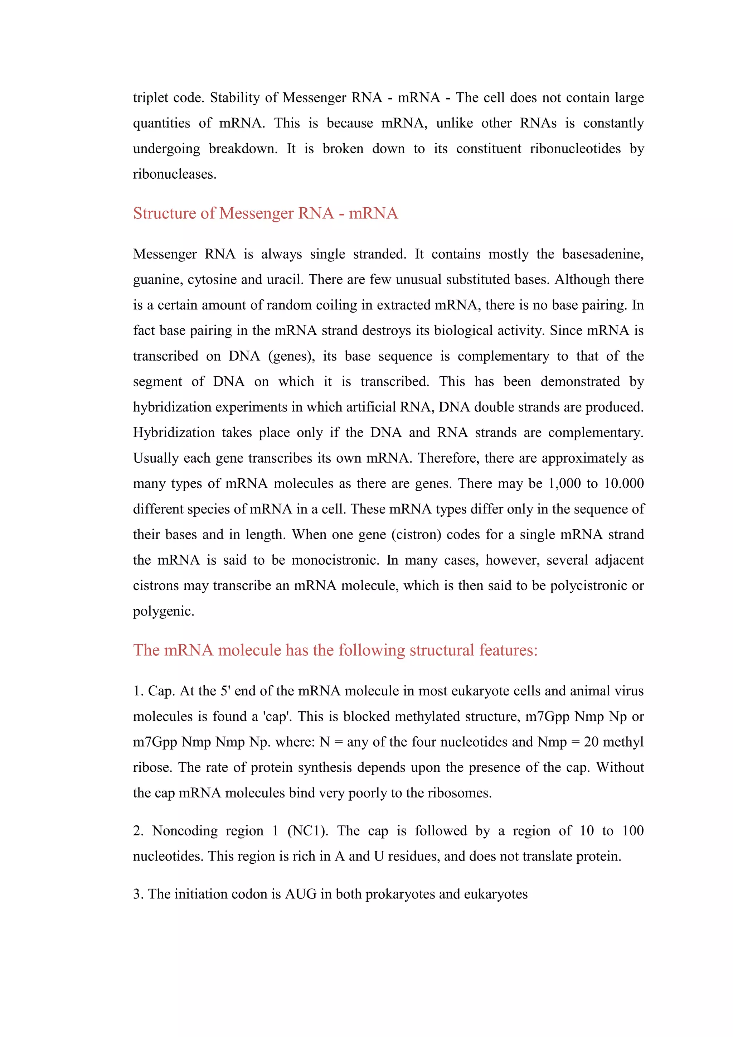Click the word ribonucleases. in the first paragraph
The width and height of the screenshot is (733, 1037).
click(x=175, y=174)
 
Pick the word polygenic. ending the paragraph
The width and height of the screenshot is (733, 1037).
click(x=164, y=612)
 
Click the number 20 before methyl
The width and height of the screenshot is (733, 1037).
click(x=591, y=742)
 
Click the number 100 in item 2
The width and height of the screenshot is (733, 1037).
click(x=633, y=831)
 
